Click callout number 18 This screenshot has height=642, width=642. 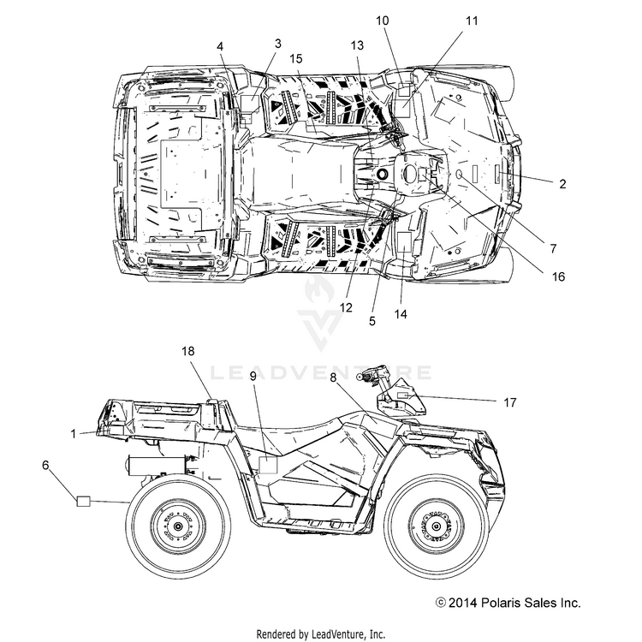click(188, 351)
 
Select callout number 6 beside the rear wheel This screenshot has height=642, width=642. click(45, 465)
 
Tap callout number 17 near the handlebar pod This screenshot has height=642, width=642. click(510, 402)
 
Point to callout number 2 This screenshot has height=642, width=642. click(562, 184)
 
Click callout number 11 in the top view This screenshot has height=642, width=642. click(472, 21)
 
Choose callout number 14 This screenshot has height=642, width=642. click(401, 314)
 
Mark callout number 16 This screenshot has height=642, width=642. click(558, 276)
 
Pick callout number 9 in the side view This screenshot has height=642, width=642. click(253, 376)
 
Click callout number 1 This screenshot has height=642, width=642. click(74, 434)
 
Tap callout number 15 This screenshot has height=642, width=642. click(295, 58)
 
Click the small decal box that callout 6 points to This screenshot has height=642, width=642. click(84, 501)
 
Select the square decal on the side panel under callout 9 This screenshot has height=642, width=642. click(268, 465)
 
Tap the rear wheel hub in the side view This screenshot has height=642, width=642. click(178, 526)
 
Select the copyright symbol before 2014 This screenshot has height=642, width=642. click(441, 603)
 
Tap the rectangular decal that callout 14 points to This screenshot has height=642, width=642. click(404, 241)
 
